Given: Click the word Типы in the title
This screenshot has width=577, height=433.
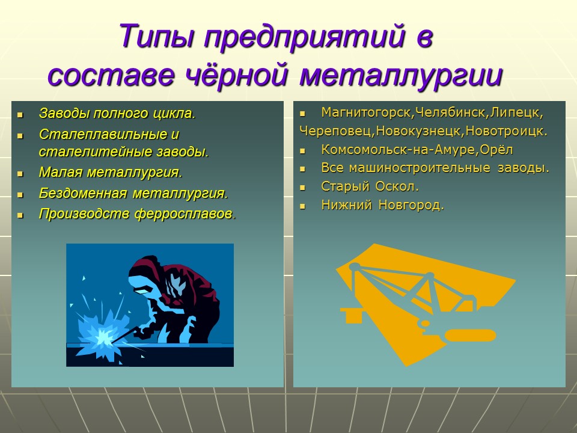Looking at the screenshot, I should point(157,37).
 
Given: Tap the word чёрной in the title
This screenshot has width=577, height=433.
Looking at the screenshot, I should point(236,76).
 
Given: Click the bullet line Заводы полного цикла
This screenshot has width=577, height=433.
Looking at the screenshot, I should point(117,113).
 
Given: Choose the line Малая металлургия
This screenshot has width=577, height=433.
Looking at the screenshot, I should point(110,173).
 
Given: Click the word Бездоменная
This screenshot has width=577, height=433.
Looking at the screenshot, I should point(83,194).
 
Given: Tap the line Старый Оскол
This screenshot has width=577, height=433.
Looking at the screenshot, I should point(370,186).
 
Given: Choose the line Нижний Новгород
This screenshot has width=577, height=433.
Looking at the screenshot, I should point(383,206).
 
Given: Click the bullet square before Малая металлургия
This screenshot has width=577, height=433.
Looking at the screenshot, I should point(20,173).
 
